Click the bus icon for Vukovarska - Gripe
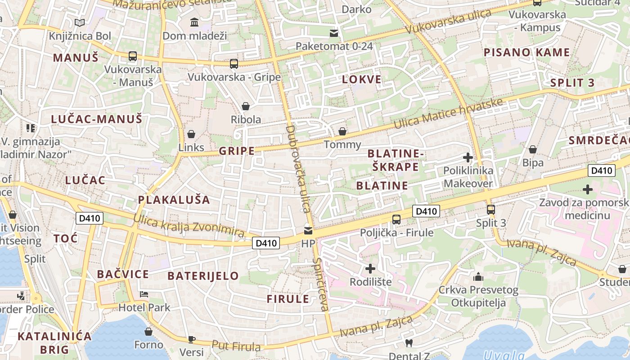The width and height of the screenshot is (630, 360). (234, 64)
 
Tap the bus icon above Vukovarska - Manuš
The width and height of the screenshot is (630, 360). (132, 56)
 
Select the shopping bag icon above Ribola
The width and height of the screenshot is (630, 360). (246, 106)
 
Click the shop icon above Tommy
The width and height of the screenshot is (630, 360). (342, 131)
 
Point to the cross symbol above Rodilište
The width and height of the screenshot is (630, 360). (370, 269)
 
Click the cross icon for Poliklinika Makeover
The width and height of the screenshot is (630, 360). (468, 157)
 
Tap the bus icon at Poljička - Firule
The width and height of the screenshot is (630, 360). (396, 220)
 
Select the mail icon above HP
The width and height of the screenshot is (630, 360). (308, 231)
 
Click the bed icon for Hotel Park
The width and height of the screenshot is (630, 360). (144, 295)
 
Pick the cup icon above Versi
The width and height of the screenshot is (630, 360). (192, 339)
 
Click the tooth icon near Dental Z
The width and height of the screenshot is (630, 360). (409, 343)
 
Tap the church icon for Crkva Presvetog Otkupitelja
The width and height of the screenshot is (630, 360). (478, 277)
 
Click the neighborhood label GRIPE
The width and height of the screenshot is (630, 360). (237, 151)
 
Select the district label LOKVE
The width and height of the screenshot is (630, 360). (362, 80)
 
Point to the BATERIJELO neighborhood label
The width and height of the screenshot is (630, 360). (203, 276)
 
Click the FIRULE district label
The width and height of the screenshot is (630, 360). (288, 299)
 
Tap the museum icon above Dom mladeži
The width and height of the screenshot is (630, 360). (194, 22)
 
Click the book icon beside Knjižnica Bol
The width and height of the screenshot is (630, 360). (80, 23)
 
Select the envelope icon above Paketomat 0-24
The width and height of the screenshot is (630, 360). (334, 33)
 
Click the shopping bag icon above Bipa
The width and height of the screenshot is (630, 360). (533, 149)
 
